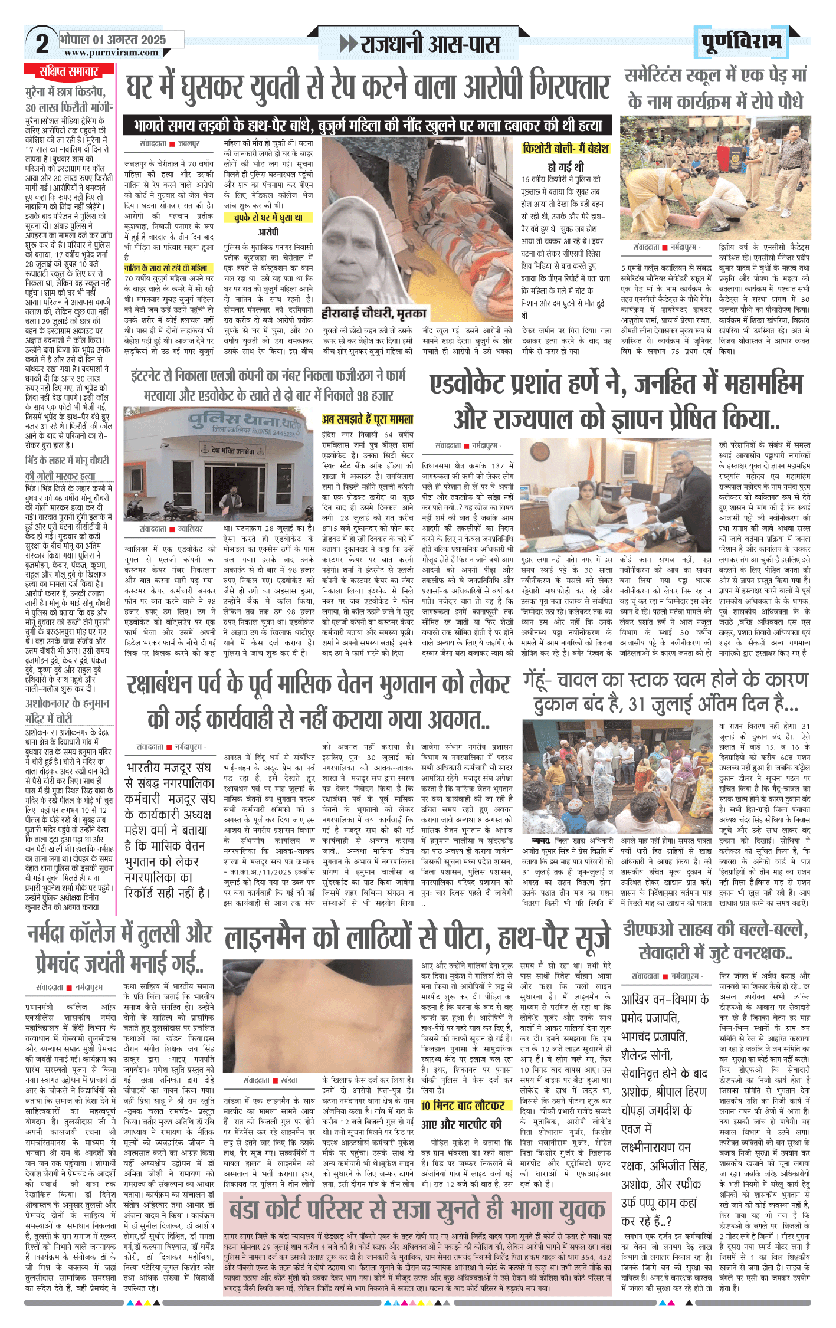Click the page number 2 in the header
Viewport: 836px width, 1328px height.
(x=41, y=43)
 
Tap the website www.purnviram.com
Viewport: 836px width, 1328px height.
(x=112, y=53)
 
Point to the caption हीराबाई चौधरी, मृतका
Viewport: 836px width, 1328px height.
(x=373, y=313)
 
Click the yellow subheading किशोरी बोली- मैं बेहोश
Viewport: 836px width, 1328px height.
(x=565, y=149)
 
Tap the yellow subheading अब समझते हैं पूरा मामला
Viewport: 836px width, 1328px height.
(x=367, y=419)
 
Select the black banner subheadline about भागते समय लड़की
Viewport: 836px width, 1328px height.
(x=368, y=126)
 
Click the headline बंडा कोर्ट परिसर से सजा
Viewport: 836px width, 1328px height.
(x=417, y=1211)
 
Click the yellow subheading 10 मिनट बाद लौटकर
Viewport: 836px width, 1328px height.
(x=463, y=1106)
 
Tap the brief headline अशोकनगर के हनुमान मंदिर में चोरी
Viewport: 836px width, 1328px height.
(x=67, y=711)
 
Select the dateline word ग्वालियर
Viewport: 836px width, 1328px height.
(x=190, y=529)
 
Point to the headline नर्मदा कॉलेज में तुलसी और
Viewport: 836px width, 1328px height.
(x=120, y=934)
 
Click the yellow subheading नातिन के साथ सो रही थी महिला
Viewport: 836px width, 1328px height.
(x=166, y=268)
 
